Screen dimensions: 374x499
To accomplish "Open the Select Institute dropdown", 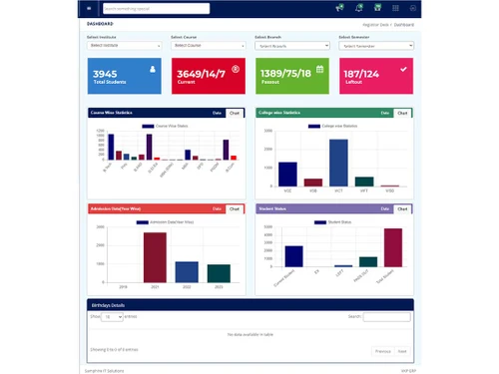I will pyautogui.click(x=124, y=46).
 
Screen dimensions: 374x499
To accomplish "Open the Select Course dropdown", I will pyautogui.click(x=208, y=46).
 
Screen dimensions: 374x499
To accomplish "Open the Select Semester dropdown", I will pyautogui.click(x=373, y=46).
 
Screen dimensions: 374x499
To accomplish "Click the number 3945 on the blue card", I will pyautogui.click(x=105, y=74).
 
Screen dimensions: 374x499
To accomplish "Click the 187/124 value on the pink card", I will pyautogui.click(x=361, y=74).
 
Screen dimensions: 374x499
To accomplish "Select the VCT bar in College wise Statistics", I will pyautogui.click(x=338, y=163).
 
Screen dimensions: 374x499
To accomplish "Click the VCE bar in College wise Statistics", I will pyautogui.click(x=287, y=175).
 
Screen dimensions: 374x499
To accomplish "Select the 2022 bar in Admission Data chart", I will pyautogui.click(x=187, y=270).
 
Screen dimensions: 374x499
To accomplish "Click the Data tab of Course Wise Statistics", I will pyautogui.click(x=218, y=114).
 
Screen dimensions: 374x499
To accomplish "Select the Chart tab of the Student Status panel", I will pyautogui.click(x=402, y=208).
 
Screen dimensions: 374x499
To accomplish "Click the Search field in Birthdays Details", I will pyautogui.click(x=386, y=316).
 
